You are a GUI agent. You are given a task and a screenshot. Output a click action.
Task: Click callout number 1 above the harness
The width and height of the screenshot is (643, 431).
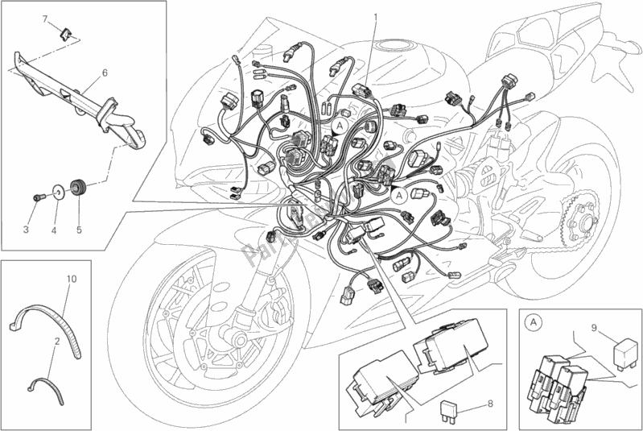[375, 17]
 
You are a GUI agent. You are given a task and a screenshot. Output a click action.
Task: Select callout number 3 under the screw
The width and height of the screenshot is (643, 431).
[26, 230]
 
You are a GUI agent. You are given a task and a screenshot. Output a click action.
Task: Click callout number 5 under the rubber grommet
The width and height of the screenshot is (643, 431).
[79, 230]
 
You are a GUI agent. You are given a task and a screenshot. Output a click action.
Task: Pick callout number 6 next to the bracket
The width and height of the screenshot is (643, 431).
[105, 73]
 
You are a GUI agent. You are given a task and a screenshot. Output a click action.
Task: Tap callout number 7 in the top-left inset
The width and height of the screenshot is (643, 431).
[46, 18]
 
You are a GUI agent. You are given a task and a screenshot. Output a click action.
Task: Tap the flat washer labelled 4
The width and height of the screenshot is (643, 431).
[58, 193]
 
